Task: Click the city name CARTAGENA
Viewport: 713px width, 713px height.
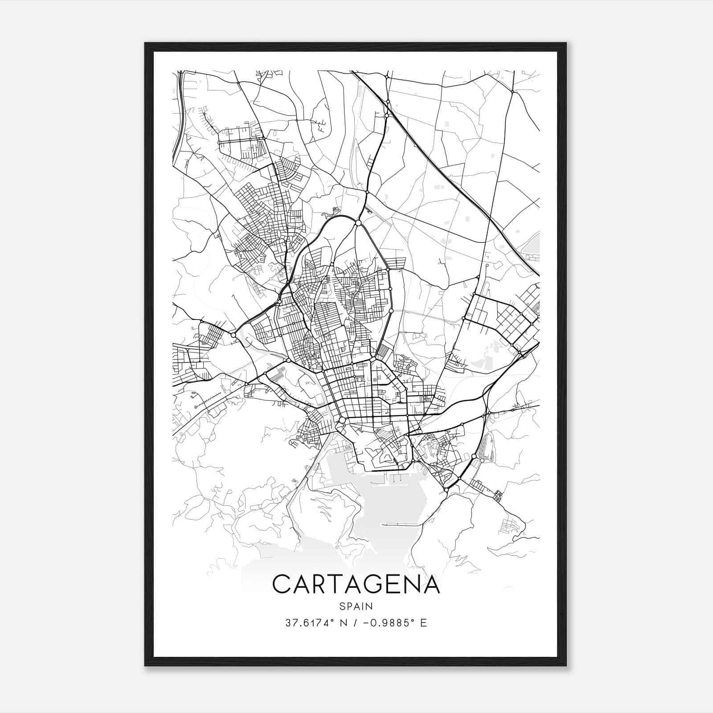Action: pyautogui.click(x=356, y=584)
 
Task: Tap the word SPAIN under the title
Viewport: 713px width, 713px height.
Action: pyautogui.click(x=356, y=606)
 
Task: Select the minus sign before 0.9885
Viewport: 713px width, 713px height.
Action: pyautogui.click(x=366, y=623)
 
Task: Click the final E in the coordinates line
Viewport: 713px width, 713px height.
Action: pyautogui.click(x=423, y=623)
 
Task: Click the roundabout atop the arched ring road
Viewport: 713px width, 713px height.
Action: pyautogui.click(x=358, y=222)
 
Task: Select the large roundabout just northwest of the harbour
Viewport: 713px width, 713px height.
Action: pyautogui.click(x=342, y=420)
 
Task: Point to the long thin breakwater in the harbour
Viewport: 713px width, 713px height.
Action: pyautogui.click(x=399, y=525)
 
